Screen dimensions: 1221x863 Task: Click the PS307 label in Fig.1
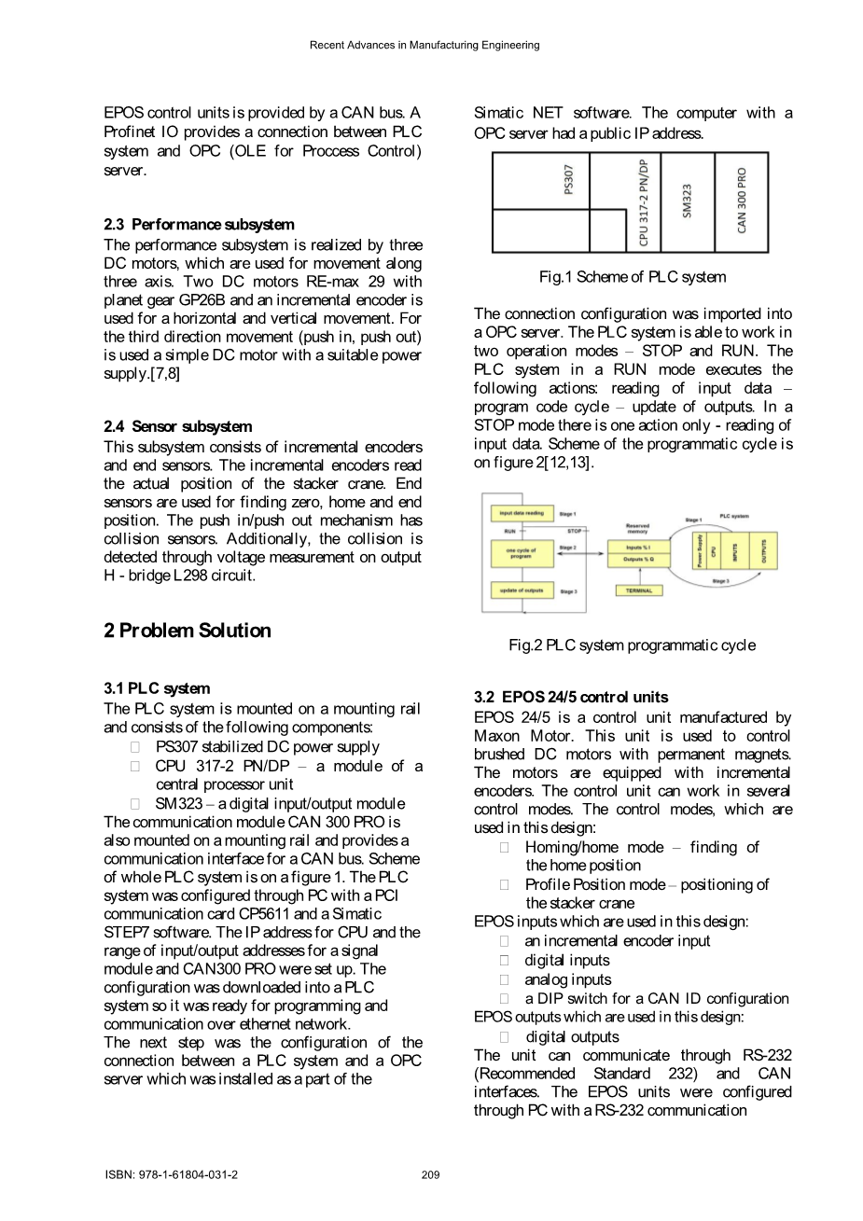click(x=569, y=180)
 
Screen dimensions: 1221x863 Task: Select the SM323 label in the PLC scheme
click(x=688, y=201)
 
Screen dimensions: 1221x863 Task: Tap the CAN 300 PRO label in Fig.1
click(x=742, y=201)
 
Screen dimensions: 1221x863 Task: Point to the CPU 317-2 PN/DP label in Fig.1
click(x=644, y=201)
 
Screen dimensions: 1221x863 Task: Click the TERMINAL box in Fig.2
click(x=638, y=590)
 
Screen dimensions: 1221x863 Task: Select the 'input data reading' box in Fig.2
click(x=522, y=513)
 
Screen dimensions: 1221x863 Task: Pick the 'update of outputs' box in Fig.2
click(x=522, y=590)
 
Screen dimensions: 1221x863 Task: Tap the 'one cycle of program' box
click(x=522, y=553)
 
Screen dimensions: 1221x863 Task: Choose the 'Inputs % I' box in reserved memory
click(x=638, y=547)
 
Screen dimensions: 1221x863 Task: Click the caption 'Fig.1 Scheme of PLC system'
click(x=632, y=277)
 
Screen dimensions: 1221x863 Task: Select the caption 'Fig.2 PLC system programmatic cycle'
click(x=632, y=645)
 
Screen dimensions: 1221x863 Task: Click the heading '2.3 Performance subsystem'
click(x=199, y=225)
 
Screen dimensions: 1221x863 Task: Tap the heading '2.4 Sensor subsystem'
click(x=177, y=427)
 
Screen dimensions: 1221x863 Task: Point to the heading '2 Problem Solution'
click(x=188, y=631)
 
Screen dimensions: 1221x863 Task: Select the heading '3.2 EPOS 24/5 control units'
click(x=571, y=698)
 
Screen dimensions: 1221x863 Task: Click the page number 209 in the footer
click(x=430, y=1175)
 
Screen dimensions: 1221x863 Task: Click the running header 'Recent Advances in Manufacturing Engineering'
click(x=425, y=45)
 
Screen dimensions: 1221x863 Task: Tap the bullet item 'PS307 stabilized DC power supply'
click(x=267, y=747)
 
